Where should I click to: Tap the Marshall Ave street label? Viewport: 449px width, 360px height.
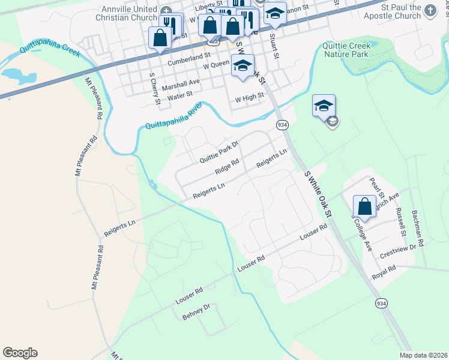click(180, 83)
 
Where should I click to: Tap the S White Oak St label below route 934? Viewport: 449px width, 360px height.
click(318, 194)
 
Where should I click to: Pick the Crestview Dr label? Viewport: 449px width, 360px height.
click(398, 251)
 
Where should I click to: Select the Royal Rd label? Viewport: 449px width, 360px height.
click(384, 271)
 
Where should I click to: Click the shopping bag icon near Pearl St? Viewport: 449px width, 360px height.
click(364, 206)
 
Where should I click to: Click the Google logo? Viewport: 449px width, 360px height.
click(20, 353)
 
